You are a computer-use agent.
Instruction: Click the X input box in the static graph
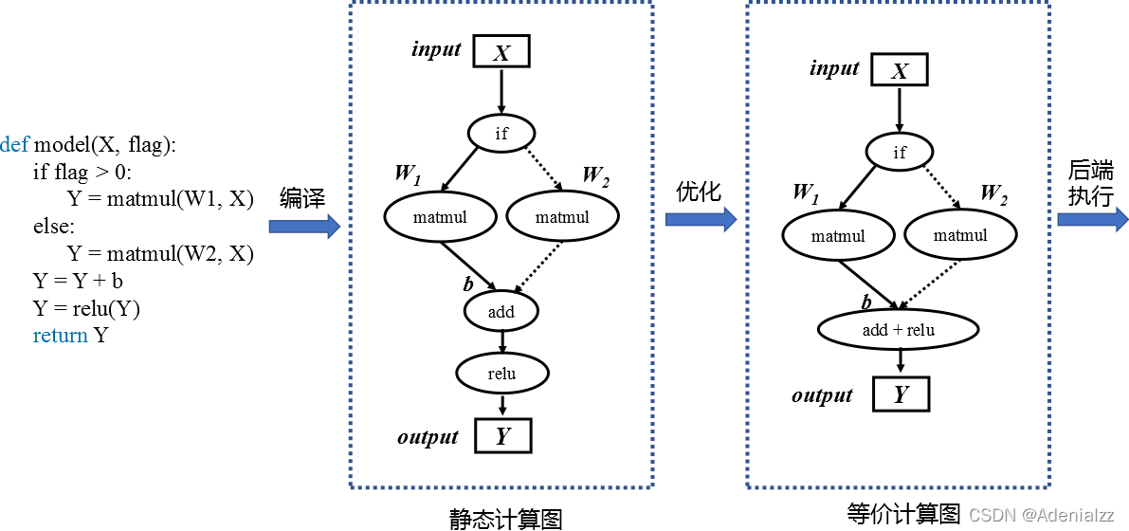pyautogui.click(x=501, y=52)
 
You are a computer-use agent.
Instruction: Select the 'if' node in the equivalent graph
pyautogui.click(x=900, y=152)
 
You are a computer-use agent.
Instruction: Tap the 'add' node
pyautogui.click(x=501, y=311)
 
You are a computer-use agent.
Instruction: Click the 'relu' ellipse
pyautogui.click(x=501, y=374)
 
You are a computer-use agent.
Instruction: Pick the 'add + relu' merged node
pyautogui.click(x=898, y=330)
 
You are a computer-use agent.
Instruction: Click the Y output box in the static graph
pyautogui.click(x=502, y=436)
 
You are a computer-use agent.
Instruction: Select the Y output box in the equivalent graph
pyautogui.click(x=900, y=394)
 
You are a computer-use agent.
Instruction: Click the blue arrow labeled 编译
pyautogui.click(x=304, y=226)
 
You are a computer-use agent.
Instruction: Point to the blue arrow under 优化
pyautogui.click(x=701, y=219)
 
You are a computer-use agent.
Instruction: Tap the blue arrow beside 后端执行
pyautogui.click(x=1092, y=219)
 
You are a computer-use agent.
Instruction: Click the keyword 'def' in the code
pyautogui.click(x=14, y=145)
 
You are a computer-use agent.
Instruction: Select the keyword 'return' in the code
pyautogui.click(x=60, y=335)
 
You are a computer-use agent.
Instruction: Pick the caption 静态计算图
pyautogui.click(x=505, y=519)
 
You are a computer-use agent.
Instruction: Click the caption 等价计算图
pyautogui.click(x=903, y=513)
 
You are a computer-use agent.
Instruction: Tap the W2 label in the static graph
pyautogui.click(x=595, y=174)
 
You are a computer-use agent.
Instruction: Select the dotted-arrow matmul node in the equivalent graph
pyautogui.click(x=960, y=235)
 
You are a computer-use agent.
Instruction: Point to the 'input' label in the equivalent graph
pyautogui.click(x=834, y=68)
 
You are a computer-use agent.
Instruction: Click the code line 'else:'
pyautogui.click(x=54, y=227)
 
